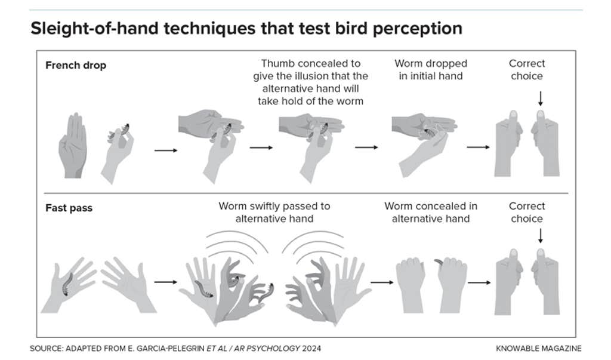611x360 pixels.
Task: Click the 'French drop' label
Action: click(76, 66)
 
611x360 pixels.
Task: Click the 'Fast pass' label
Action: click(69, 208)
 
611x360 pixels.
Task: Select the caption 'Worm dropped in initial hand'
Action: click(430, 69)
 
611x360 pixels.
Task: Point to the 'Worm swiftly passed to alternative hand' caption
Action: click(274, 212)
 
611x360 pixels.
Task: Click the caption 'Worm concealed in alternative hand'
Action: click(430, 212)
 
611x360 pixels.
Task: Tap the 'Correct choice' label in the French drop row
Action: click(527, 69)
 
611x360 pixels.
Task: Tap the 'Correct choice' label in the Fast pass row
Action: click(527, 212)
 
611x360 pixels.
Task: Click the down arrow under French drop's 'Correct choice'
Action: click(541, 98)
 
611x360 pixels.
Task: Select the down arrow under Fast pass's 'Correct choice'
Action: click(541, 238)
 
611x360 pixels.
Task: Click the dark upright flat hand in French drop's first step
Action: click(73, 146)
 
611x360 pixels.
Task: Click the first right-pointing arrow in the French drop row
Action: click(165, 150)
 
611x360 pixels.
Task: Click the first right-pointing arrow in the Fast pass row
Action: click(165, 282)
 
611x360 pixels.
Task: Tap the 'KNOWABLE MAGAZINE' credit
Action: click(538, 348)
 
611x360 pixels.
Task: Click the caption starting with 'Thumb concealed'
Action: click(310, 82)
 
